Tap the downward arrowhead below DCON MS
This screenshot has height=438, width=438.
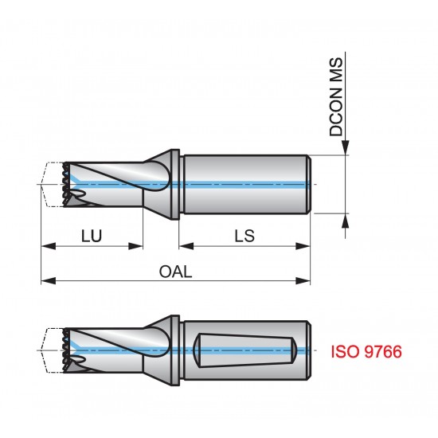(x=346, y=148)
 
